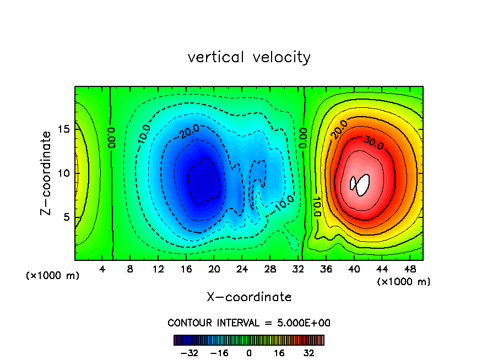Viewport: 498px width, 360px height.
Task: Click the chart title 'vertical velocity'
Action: coord(249,57)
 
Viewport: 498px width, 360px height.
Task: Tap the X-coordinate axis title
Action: coord(249,297)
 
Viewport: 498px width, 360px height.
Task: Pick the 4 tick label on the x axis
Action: coord(102,270)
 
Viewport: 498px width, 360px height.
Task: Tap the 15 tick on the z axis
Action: coord(63,129)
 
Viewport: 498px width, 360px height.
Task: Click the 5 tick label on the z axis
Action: coord(66,217)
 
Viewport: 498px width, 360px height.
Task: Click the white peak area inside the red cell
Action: coord(361,185)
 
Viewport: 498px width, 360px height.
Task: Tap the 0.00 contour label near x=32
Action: coord(304,137)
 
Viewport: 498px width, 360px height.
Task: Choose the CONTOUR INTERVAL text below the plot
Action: coord(249,323)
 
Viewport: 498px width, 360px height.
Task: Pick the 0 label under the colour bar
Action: coord(249,353)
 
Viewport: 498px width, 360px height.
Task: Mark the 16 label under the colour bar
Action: coord(279,353)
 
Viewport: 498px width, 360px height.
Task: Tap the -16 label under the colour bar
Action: coord(220,353)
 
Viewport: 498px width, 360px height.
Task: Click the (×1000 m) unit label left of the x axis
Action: coord(53,276)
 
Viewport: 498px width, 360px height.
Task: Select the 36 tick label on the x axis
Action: coord(326,270)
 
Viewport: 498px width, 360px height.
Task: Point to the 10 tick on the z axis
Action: coord(63,173)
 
